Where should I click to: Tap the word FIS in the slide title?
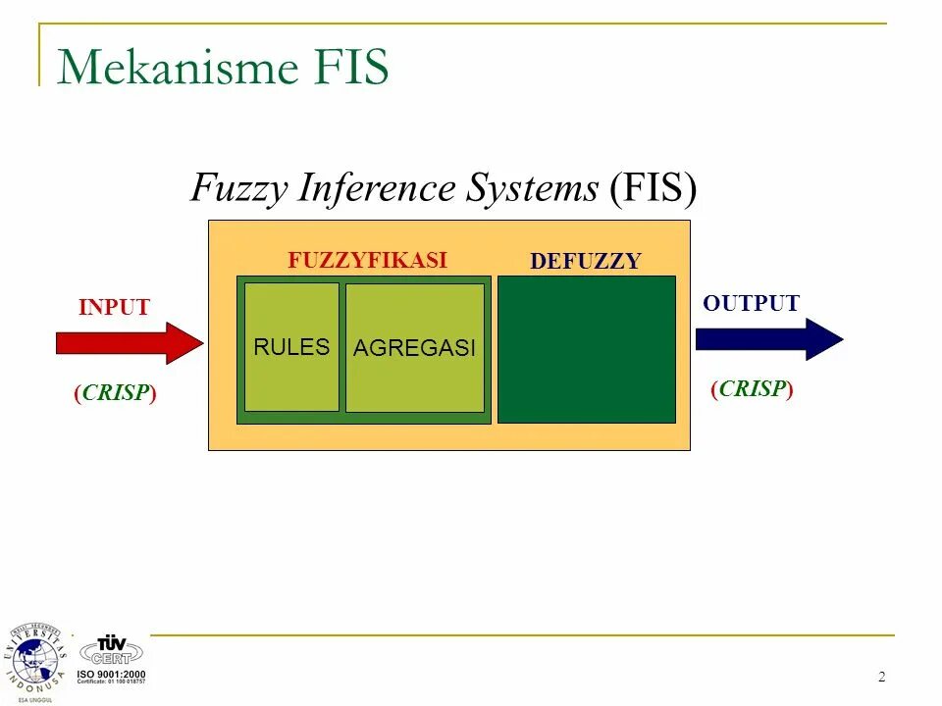click(344, 68)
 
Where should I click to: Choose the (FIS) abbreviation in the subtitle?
click(653, 187)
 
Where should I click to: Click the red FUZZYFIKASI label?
click(367, 260)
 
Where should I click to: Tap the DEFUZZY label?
click(585, 261)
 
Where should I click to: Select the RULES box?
click(291, 347)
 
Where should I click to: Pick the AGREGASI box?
click(414, 348)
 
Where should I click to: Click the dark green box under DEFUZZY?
click(587, 349)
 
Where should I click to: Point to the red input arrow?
click(129, 343)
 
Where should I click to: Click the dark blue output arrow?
click(768, 339)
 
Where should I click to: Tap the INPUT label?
click(114, 307)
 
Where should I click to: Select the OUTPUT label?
click(751, 304)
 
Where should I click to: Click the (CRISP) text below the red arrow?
click(115, 393)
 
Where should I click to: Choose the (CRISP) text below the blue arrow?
click(752, 388)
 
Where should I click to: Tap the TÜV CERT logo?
click(111, 649)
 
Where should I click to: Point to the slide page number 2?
click(881, 677)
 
